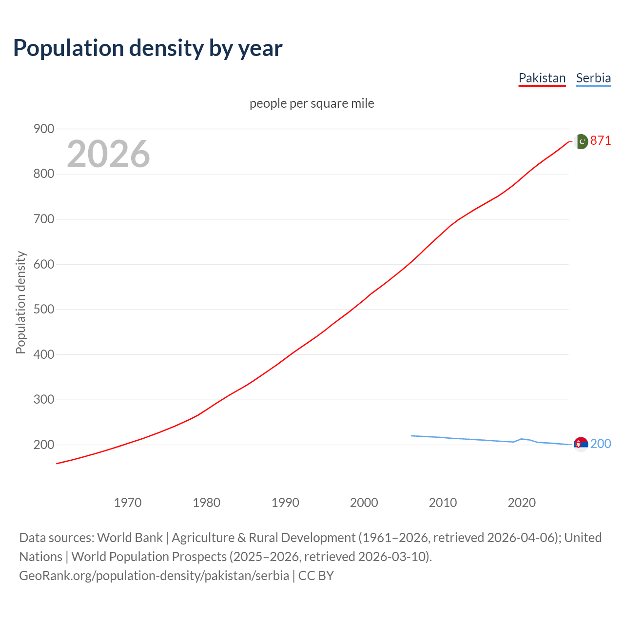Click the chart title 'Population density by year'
pyautogui.click(x=148, y=48)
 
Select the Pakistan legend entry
pyautogui.click(x=542, y=78)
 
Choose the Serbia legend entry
pyautogui.click(x=593, y=78)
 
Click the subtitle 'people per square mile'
pyautogui.click(x=312, y=103)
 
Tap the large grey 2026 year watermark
pyautogui.click(x=108, y=154)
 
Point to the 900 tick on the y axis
pyautogui.click(x=43, y=129)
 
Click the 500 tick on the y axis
pyautogui.click(x=43, y=310)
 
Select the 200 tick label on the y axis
pyautogui.click(x=43, y=445)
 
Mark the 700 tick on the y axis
pyautogui.click(x=43, y=219)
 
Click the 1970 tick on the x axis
pyautogui.click(x=128, y=502)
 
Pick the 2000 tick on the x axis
pyautogui.click(x=364, y=502)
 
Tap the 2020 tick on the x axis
pyautogui.click(x=522, y=502)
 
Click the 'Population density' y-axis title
pyautogui.click(x=20, y=302)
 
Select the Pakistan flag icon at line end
pyautogui.click(x=581, y=141)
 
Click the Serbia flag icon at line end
pyautogui.click(x=581, y=444)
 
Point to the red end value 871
pyautogui.click(x=601, y=141)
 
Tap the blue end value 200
pyautogui.click(x=601, y=444)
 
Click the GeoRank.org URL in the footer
pyautogui.click(x=154, y=576)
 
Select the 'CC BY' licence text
pyautogui.click(x=316, y=576)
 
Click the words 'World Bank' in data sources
pyautogui.click(x=130, y=538)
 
